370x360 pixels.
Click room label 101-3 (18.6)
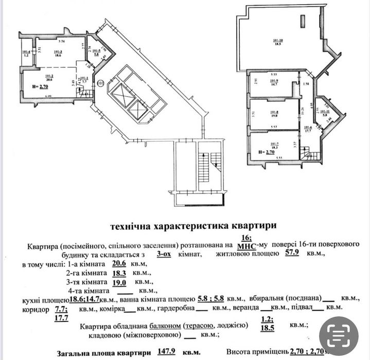57,53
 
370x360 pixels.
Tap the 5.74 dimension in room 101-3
61,41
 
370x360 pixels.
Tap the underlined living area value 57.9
294,254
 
